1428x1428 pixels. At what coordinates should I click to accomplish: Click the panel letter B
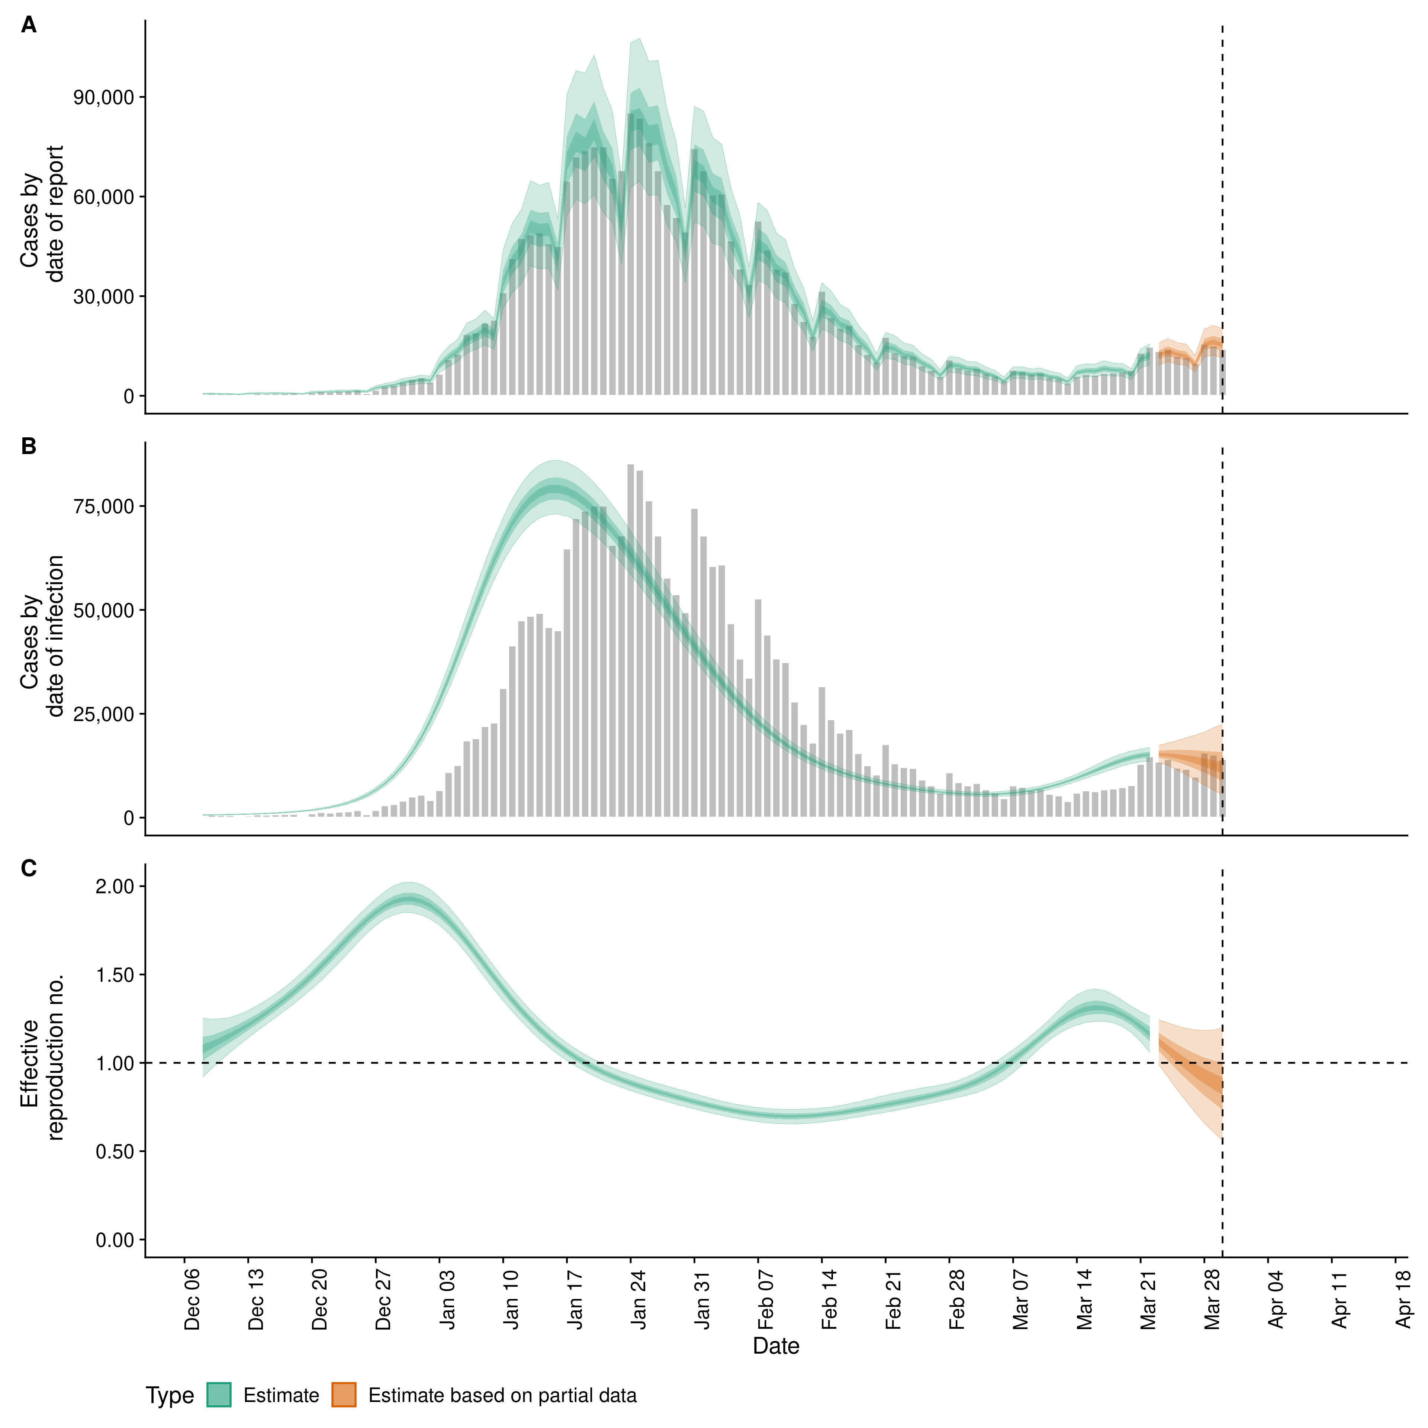click(x=29, y=446)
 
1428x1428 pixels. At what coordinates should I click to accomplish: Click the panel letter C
click(x=29, y=868)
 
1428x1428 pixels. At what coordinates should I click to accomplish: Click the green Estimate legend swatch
click(x=219, y=1395)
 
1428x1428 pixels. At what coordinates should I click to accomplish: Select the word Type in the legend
click(x=170, y=1396)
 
